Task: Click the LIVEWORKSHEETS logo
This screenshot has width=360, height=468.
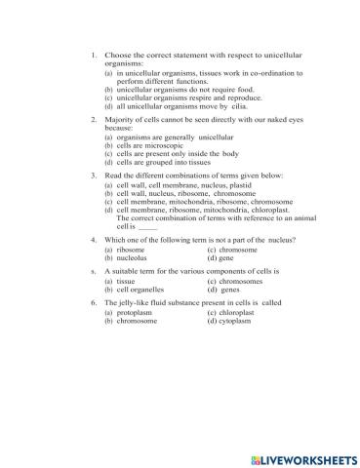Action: [299, 457]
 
